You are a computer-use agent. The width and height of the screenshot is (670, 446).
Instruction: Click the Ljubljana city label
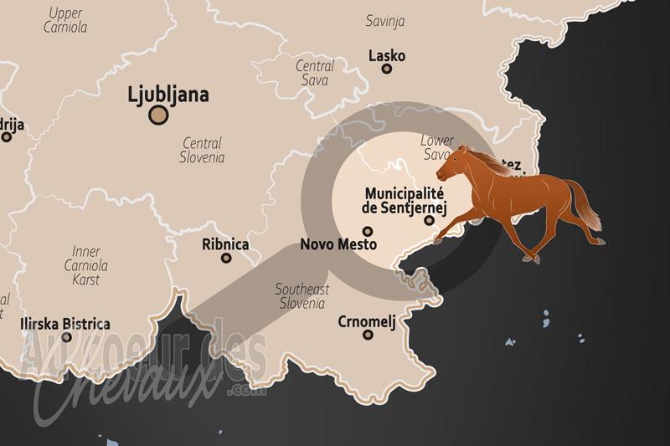coord(167,94)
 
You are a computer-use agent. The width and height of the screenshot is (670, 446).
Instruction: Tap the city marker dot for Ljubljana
coord(157,115)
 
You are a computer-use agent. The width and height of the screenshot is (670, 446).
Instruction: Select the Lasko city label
coord(387,56)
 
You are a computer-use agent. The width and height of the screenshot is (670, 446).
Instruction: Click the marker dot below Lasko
coord(387,69)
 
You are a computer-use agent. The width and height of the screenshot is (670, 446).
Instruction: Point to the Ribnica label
coord(225,244)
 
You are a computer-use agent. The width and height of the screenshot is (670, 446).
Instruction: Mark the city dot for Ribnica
coord(226,258)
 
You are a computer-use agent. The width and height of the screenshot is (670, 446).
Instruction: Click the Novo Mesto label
coord(338,245)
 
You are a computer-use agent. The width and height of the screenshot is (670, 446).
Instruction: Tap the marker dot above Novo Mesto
coord(367,231)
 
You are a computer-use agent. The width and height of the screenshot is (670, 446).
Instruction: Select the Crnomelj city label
coord(366,320)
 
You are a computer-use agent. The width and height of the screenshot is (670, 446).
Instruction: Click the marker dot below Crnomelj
coord(368,335)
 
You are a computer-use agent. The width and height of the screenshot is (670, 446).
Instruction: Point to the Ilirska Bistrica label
coord(65,324)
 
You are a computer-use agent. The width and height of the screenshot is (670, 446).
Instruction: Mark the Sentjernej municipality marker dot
coord(429,221)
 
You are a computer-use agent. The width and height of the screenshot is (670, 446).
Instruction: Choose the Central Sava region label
coord(316,73)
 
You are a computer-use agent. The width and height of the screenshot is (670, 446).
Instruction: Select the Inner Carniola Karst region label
coord(86,265)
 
